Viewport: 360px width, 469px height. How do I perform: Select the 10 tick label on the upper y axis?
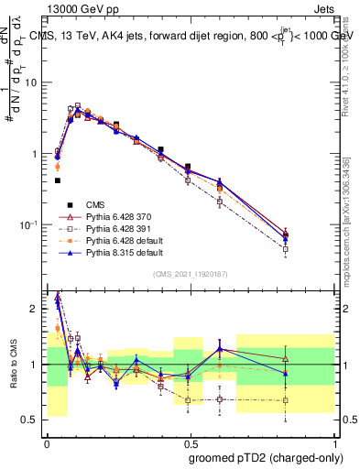point(33,82)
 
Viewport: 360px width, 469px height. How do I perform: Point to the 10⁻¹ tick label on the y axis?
point(31,225)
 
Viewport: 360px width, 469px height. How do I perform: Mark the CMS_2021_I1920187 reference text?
point(191,274)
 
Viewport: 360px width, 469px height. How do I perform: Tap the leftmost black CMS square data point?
point(57,180)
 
